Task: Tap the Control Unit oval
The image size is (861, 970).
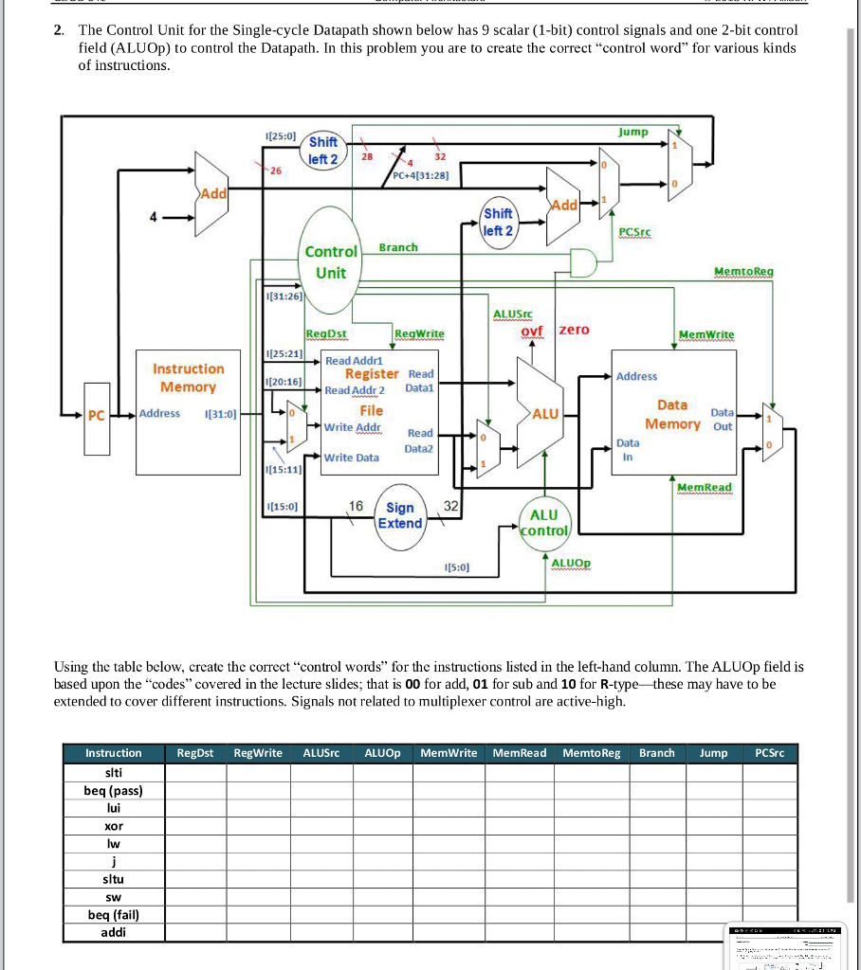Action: point(331,262)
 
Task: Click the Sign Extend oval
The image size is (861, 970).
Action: point(399,515)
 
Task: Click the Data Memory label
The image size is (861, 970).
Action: point(672,414)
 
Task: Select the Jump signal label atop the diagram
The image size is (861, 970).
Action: point(632,132)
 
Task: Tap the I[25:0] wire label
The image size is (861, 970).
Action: point(282,138)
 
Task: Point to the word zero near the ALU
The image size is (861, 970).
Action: point(573,330)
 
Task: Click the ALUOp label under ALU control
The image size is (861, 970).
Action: point(570,563)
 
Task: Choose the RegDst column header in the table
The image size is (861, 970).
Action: point(195,753)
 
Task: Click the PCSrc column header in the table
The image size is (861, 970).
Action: point(771,753)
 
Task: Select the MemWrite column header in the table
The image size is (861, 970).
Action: point(449,753)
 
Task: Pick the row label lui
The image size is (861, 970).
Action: point(113,808)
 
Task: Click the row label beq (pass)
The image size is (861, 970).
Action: point(113,790)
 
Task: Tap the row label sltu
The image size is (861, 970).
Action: point(113,879)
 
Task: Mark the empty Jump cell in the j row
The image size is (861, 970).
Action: point(713,861)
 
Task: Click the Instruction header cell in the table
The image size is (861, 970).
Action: point(113,753)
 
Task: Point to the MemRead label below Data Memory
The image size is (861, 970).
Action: point(704,488)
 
